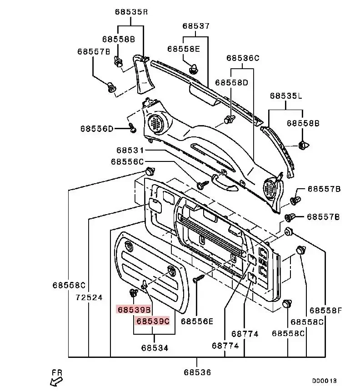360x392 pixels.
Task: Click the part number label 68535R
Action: (131, 12)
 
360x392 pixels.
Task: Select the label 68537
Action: (196, 26)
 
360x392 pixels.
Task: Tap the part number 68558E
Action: (184, 49)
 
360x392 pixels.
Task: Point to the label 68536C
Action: (243, 58)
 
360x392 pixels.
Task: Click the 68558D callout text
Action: (231, 82)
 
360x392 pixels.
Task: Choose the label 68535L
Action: (286, 96)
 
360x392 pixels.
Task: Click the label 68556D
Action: (97, 129)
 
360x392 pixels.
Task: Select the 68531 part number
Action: (130, 150)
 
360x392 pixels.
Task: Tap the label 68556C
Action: (127, 162)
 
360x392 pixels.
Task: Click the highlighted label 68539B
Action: (135, 310)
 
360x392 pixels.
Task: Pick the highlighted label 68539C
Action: (153, 321)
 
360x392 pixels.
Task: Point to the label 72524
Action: (89, 297)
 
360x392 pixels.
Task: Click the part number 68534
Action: (155, 348)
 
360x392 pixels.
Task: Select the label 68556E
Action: (197, 321)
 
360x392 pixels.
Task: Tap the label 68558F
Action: (325, 311)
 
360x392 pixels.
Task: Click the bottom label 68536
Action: (197, 372)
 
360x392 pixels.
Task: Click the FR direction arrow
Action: (56, 382)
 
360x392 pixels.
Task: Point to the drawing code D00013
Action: (324, 381)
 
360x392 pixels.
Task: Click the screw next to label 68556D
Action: (133, 128)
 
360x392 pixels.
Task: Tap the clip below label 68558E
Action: (193, 69)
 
